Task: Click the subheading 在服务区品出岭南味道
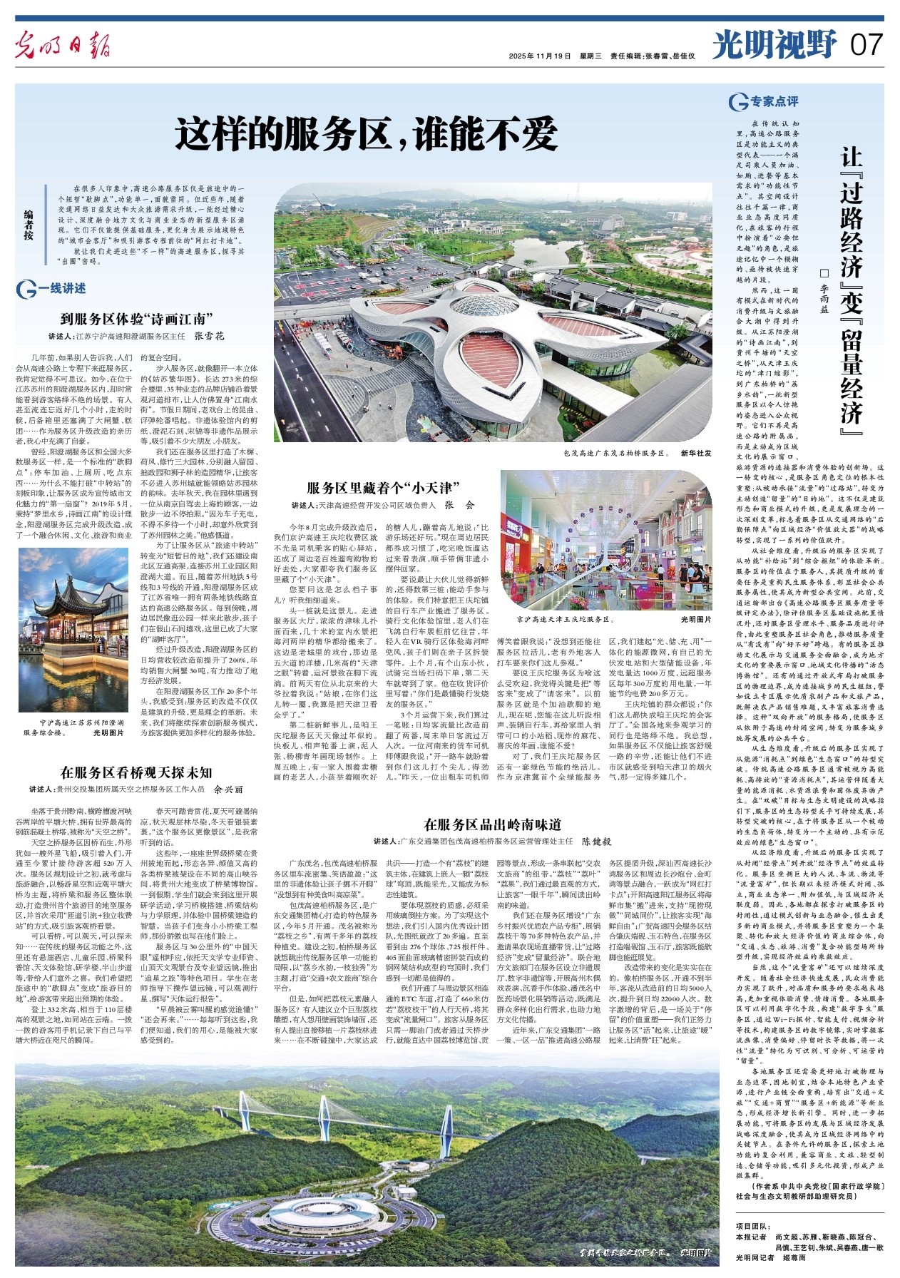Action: coord(493,824)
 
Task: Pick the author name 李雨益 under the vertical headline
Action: coord(824,299)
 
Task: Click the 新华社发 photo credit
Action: coord(695,453)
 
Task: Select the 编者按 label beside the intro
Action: coord(29,224)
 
